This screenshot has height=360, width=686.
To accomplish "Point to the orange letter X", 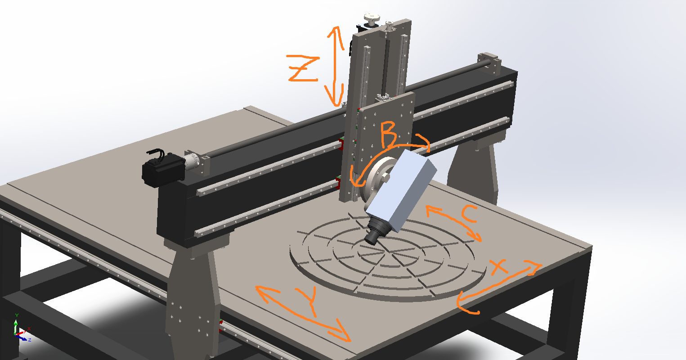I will click(x=499, y=268).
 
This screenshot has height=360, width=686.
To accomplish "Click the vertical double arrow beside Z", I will click(x=335, y=65).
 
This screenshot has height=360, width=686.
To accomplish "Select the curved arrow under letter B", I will click(x=382, y=157).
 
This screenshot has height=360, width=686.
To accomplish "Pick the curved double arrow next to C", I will click(x=454, y=223).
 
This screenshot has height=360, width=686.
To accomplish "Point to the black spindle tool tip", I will click(x=372, y=239).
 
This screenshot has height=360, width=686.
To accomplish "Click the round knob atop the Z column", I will click(x=372, y=19).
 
